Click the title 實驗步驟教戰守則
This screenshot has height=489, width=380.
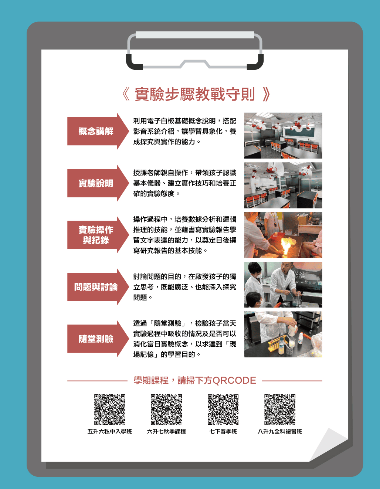[x=195, y=94]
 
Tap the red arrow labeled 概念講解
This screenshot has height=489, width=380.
[x=98, y=131]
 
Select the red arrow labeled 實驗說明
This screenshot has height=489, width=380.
[x=98, y=183]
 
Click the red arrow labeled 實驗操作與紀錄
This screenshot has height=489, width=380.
[x=98, y=235]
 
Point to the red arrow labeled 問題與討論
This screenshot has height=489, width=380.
[x=98, y=287]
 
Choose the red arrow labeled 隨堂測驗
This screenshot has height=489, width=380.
[x=98, y=339]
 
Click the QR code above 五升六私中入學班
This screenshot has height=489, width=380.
[x=109, y=409]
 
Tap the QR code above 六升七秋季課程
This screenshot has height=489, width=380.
[x=166, y=409]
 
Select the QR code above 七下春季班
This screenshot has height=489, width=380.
[x=223, y=409]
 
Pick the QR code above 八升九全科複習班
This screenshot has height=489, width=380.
[x=280, y=409]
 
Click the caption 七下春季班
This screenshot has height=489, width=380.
[x=223, y=431]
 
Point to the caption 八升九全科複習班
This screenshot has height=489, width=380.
[x=280, y=431]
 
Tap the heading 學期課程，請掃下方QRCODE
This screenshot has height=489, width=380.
[x=195, y=380]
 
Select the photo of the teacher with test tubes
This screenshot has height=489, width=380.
[x=283, y=334]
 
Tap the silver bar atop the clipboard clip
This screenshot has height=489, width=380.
[x=194, y=35]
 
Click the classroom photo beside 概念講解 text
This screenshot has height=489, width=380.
[x=283, y=136]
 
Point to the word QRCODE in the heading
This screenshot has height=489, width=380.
[x=234, y=381]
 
